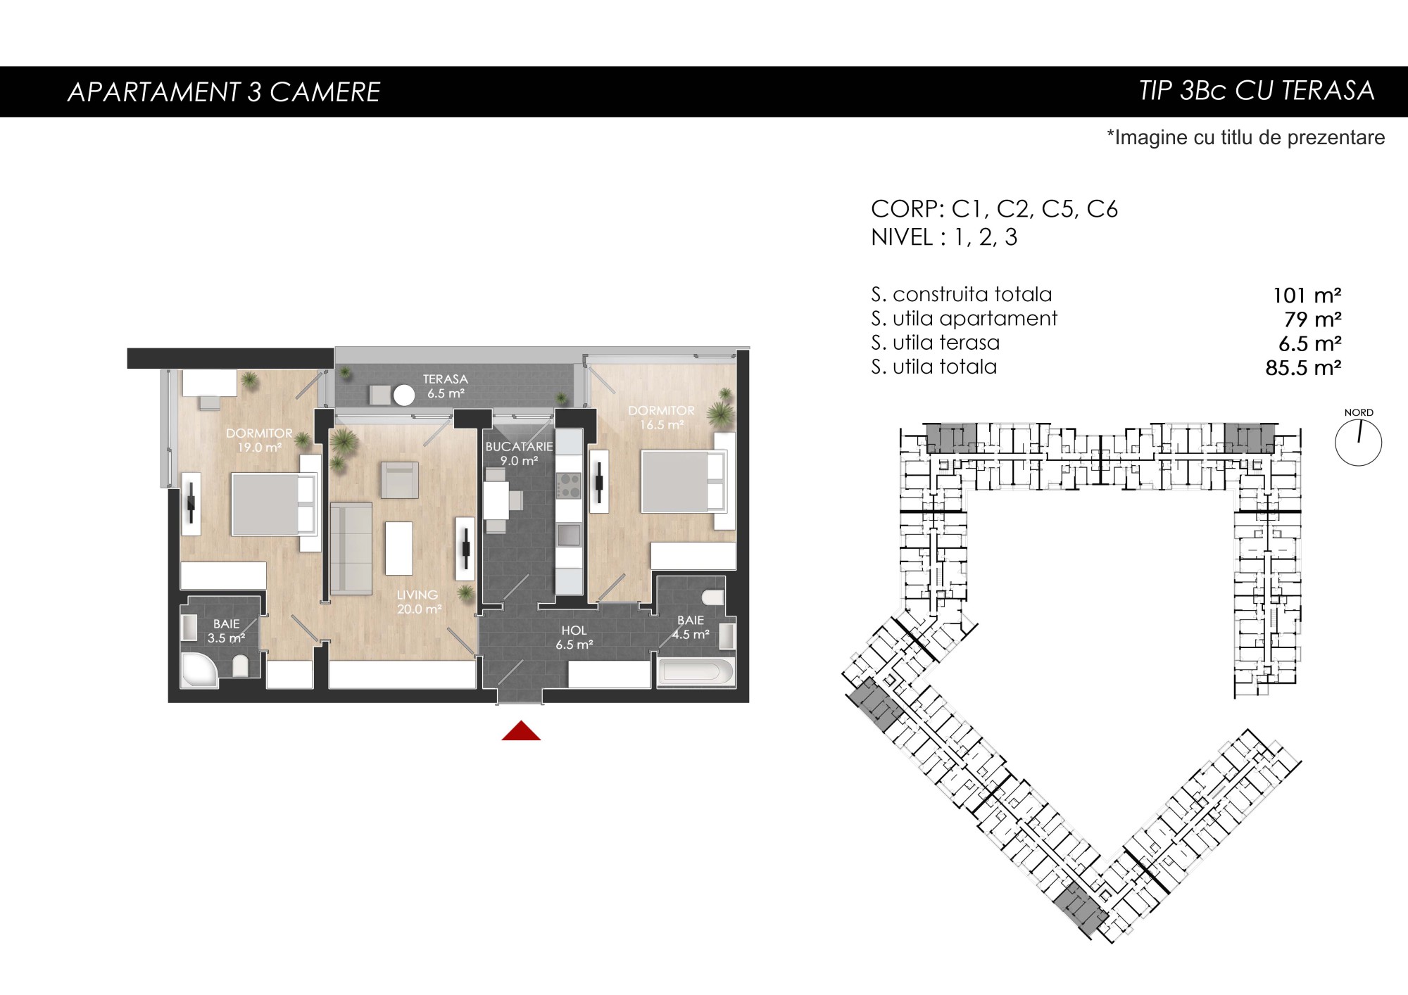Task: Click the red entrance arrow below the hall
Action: click(521, 731)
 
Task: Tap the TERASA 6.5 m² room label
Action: click(446, 386)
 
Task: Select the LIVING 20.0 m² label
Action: click(418, 602)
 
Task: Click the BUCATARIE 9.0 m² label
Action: click(519, 454)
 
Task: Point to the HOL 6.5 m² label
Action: click(574, 638)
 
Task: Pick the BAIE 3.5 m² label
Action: click(226, 631)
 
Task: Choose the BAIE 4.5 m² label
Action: click(690, 627)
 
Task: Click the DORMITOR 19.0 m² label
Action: click(259, 440)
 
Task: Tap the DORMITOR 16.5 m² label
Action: click(661, 417)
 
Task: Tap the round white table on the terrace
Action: click(404, 395)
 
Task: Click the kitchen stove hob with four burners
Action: click(569, 485)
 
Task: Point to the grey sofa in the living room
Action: click(351, 549)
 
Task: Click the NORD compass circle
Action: click(1358, 443)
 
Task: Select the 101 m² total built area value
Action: click(1307, 295)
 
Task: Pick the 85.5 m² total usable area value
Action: click(1303, 367)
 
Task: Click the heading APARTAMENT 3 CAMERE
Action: click(224, 91)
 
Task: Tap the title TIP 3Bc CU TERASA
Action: click(1257, 91)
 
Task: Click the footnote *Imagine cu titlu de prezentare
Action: click(1245, 137)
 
